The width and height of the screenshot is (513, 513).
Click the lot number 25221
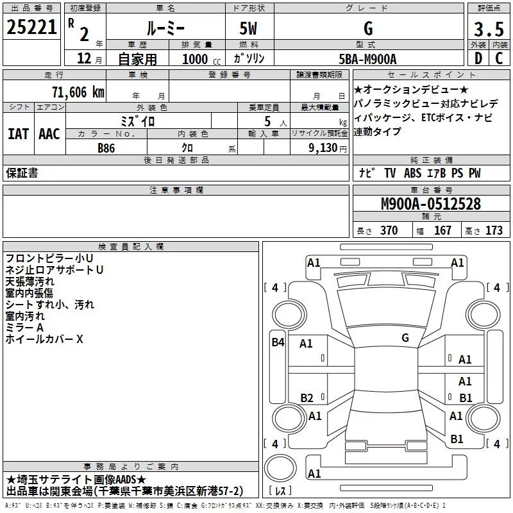[x=31, y=28]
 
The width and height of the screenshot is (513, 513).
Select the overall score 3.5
[x=488, y=29]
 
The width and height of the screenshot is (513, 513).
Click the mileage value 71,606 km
[x=78, y=92]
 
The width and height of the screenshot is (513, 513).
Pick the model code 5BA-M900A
[x=367, y=59]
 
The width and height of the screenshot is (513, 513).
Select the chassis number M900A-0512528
[x=430, y=204]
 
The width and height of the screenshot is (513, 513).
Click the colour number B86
[x=107, y=147]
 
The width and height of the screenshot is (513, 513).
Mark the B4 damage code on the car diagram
[x=278, y=342]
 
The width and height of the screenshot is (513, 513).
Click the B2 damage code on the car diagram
[x=307, y=398]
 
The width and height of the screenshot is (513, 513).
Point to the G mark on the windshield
[x=405, y=337]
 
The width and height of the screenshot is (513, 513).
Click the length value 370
[x=389, y=231]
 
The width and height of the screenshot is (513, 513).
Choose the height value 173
[x=494, y=231]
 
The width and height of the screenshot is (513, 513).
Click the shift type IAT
[x=18, y=133]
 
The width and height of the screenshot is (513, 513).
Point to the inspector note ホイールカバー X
[x=44, y=339]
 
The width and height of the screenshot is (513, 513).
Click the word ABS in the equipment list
[x=413, y=173]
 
